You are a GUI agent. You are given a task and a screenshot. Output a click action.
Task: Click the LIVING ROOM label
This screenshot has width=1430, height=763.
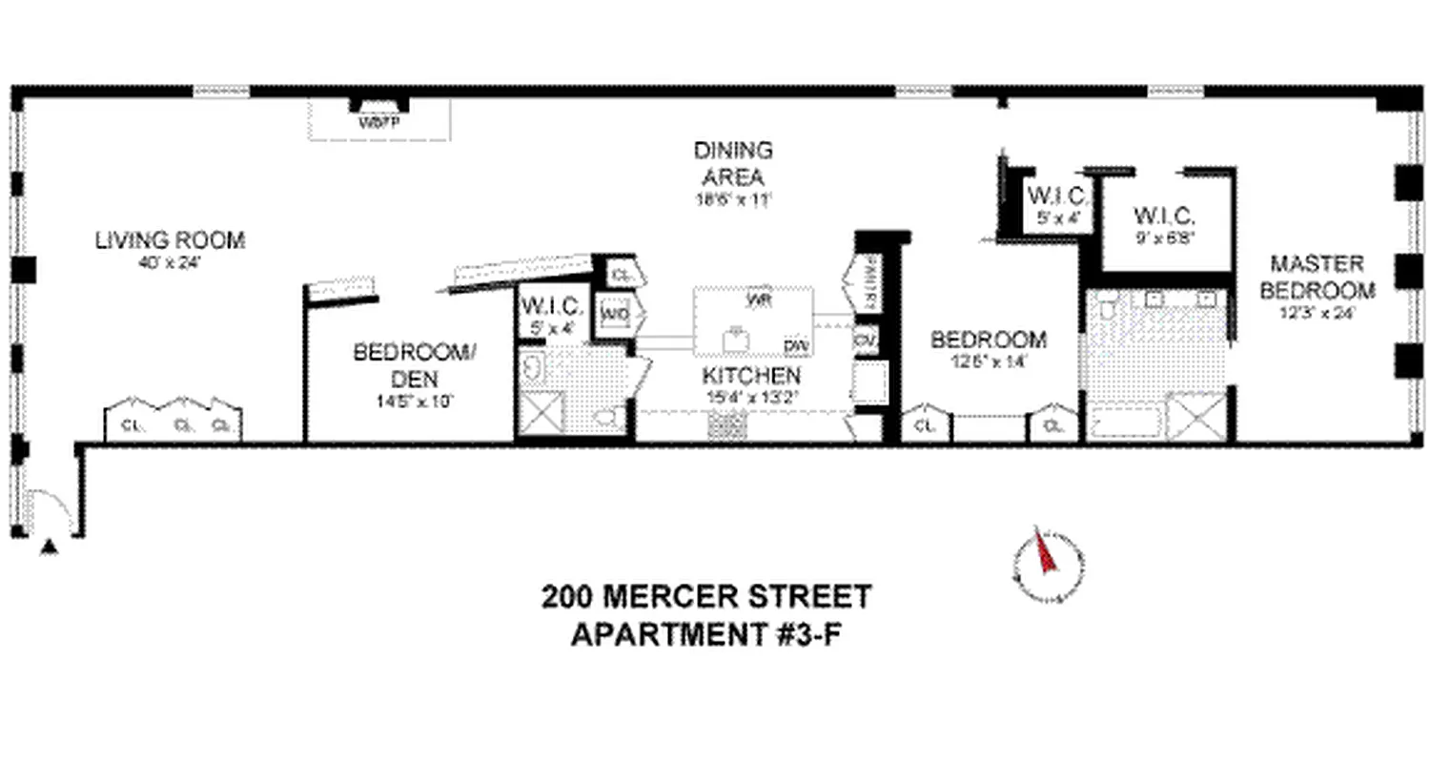coord(170,240)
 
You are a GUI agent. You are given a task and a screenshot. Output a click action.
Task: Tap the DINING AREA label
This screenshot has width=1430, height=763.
coord(732,163)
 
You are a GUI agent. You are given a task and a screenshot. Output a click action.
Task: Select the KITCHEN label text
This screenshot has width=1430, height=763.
coord(752,375)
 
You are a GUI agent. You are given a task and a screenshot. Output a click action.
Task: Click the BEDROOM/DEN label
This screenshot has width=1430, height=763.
coord(413,365)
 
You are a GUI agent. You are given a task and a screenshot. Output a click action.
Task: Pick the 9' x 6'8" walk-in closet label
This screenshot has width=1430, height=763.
coord(1164,215)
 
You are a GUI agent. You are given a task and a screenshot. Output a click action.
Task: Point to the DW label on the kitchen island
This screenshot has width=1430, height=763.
coord(793,344)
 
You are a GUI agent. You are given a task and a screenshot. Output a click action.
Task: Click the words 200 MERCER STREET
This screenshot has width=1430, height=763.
coord(706,598)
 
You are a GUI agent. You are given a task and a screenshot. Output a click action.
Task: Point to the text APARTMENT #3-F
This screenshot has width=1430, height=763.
coord(706,634)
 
